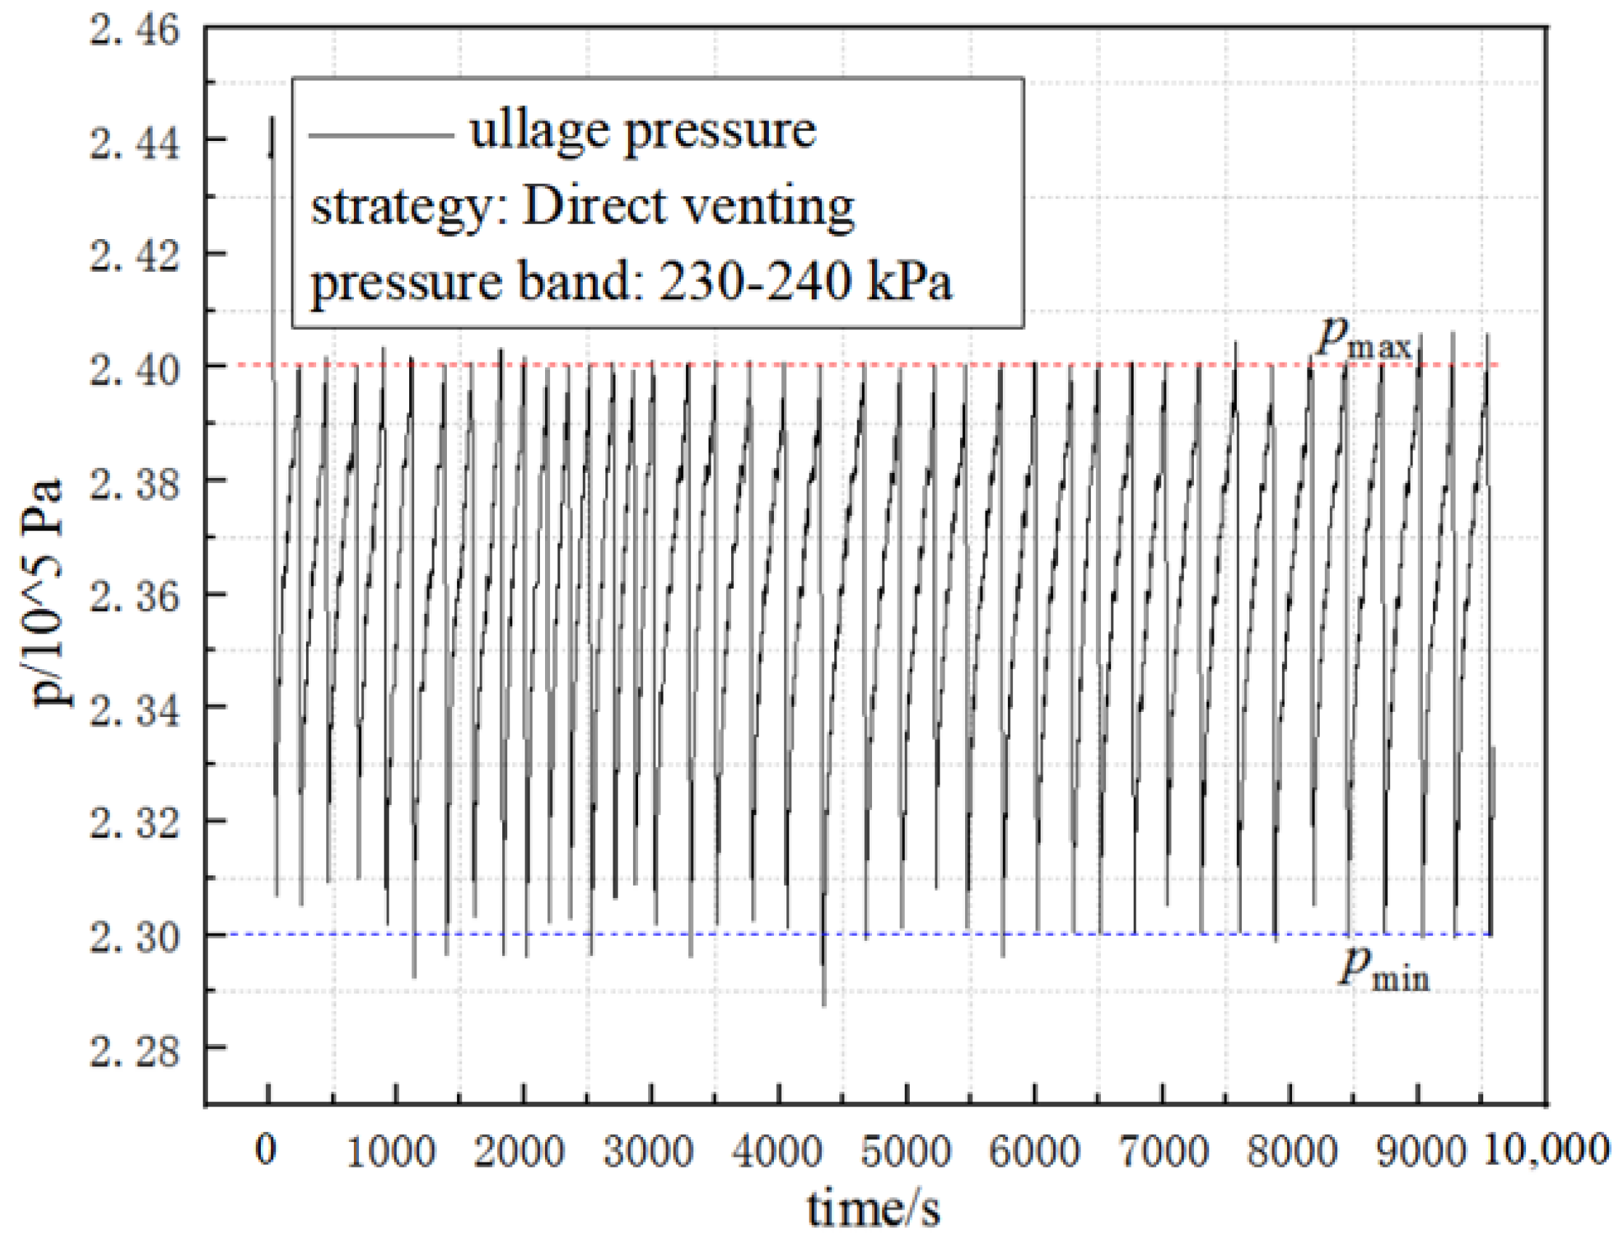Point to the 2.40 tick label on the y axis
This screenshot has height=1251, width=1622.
pos(134,369)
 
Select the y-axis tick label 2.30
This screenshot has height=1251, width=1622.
pos(134,937)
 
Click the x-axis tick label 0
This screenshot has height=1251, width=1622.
pos(266,1150)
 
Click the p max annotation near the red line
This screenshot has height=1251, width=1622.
pos(1363,341)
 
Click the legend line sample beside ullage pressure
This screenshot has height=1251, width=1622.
pos(380,134)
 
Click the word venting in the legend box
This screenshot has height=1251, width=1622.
pos(769,208)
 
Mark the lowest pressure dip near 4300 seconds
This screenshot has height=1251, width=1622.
pos(823,1004)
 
